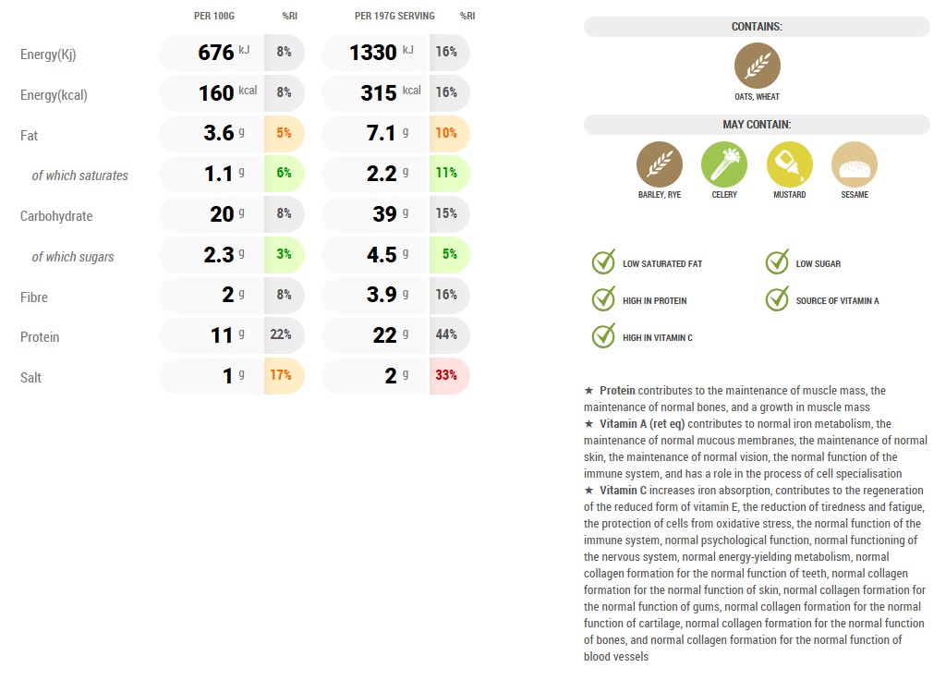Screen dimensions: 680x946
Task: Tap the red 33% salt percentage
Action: click(447, 376)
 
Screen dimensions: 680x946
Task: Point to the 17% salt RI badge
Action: click(283, 376)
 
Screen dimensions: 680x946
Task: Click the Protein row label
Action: click(40, 337)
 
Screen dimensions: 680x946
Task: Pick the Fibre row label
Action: click(34, 297)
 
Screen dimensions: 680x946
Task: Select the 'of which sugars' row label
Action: click(73, 257)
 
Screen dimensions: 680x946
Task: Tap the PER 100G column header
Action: click(214, 16)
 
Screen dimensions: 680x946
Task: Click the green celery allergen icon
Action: click(724, 164)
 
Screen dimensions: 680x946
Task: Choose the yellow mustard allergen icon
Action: click(790, 164)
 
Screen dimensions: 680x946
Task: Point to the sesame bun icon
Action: click(855, 164)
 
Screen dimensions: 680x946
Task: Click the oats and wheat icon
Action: click(758, 67)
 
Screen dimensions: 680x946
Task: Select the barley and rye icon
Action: click(660, 164)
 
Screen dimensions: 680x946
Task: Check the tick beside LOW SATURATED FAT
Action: click(604, 262)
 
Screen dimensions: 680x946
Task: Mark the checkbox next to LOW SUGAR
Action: click(778, 262)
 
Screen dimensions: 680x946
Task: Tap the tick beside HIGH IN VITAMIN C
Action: click(604, 336)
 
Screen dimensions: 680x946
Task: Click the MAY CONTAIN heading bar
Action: click(757, 125)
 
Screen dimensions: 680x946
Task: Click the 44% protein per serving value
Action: click(447, 334)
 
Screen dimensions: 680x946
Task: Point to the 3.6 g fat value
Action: click(219, 133)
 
